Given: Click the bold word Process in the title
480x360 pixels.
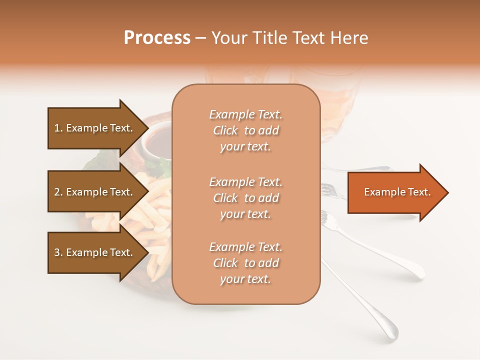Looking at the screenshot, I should click(x=157, y=38).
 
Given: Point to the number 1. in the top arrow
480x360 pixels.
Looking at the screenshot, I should click(x=58, y=128).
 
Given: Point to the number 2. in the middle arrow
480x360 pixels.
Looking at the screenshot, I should click(x=58, y=192).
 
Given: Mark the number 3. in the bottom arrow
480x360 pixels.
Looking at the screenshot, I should click(x=58, y=253).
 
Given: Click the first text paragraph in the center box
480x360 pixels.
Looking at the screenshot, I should click(x=245, y=130).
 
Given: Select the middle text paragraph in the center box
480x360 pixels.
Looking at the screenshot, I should click(x=245, y=198).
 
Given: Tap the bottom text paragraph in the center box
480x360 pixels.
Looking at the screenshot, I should click(x=245, y=263).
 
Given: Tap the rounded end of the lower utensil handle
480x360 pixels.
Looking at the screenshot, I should click(x=390, y=332).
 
